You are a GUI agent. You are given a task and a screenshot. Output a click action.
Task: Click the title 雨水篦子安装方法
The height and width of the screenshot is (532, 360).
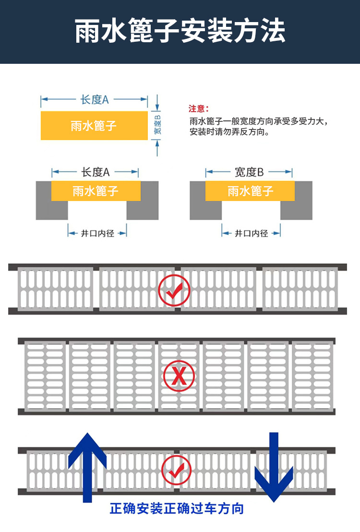point(180,31)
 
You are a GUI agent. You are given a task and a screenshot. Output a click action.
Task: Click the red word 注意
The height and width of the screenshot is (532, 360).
point(198,109)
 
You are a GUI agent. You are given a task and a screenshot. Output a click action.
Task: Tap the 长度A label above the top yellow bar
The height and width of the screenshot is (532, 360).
point(94,99)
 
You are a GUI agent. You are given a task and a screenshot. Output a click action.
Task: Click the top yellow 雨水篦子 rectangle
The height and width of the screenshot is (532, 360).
point(94,126)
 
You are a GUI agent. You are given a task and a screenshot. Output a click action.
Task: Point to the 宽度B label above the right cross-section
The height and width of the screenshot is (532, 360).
point(249,172)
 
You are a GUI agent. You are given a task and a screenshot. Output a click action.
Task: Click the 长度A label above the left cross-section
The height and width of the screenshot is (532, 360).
point(96,172)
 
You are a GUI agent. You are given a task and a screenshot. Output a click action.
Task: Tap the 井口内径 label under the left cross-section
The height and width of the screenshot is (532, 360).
point(97,234)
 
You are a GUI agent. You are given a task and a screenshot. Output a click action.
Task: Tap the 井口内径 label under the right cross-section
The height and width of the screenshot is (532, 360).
point(251,234)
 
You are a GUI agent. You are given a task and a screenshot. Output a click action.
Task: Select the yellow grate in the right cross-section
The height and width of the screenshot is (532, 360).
point(250,191)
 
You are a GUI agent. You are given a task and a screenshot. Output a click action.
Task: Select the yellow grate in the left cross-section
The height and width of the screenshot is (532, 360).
point(96,191)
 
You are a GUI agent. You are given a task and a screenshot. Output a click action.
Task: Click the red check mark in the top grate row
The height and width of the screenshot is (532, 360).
point(174,290)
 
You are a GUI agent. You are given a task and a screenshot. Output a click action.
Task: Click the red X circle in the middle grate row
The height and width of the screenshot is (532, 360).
point(179,376)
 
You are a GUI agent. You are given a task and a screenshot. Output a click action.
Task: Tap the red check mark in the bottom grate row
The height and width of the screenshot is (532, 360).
point(176,470)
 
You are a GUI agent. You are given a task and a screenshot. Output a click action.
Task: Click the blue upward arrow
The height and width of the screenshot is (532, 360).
point(87,465)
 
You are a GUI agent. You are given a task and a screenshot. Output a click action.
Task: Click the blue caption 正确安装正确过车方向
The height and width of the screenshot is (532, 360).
point(177,508)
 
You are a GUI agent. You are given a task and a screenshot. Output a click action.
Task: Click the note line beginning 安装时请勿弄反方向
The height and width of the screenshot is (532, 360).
point(228,132)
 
